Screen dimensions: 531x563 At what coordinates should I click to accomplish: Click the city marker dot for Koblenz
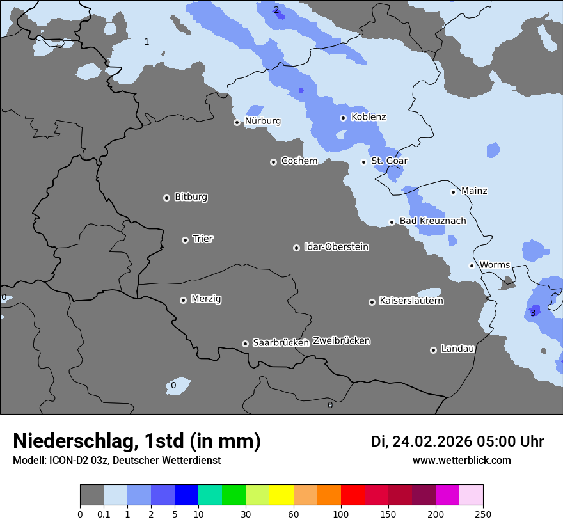pos(343,118)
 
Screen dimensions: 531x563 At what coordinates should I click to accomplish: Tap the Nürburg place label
pos(262,121)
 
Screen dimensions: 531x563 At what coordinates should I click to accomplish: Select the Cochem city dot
pos(273,162)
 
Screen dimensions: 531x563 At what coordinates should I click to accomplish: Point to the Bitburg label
pos(191,197)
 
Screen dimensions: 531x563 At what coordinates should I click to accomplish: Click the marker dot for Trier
pos(185,240)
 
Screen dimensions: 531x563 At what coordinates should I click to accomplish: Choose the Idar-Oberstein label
pos(336,247)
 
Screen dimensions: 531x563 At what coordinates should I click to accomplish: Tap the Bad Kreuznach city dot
pos(392,222)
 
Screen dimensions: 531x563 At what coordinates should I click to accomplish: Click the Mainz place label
pos(474,191)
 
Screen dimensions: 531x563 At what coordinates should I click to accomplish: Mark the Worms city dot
pos(472,265)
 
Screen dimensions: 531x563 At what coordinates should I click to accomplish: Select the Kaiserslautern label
pos(411,301)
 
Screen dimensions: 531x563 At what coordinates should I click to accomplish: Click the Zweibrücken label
pos(341,341)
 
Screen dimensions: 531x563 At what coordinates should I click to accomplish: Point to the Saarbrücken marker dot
pos(245,344)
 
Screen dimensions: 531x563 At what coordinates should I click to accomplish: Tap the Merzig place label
pos(206,299)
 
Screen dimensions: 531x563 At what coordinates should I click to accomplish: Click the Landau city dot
pos(433,350)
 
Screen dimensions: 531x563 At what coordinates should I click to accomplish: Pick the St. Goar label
pos(389,161)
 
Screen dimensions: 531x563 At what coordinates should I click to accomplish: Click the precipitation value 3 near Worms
pos(533,313)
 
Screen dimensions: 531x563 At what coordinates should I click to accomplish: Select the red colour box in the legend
pos(353,495)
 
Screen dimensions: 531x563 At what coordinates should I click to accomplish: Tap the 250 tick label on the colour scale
pos(482,514)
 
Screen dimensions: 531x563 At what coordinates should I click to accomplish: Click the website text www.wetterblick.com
pos(461,461)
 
